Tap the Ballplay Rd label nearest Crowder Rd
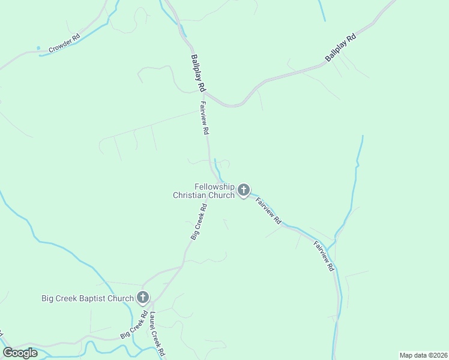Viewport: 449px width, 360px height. pyautogui.click(x=195, y=73)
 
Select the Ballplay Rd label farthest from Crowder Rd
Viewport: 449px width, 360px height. pyautogui.click(x=340, y=47)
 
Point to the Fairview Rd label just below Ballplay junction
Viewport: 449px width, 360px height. pyautogui.click(x=204, y=118)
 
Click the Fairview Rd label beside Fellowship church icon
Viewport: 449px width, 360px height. pyautogui.click(x=268, y=211)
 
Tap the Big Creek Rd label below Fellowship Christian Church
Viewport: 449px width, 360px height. pyautogui.click(x=199, y=222)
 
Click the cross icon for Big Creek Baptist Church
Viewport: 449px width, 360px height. pyautogui.click(x=143, y=297)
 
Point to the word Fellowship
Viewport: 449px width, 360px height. pyautogui.click(x=214, y=187)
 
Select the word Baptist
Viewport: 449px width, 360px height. pyautogui.click(x=98, y=298)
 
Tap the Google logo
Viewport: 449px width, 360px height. pyautogui.click(x=20, y=353)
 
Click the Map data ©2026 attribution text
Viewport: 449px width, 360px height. pyautogui.click(x=423, y=355)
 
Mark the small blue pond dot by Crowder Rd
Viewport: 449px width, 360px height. pyautogui.click(x=38, y=48)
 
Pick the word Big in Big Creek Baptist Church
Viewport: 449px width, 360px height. pyautogui.click(x=48, y=298)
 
